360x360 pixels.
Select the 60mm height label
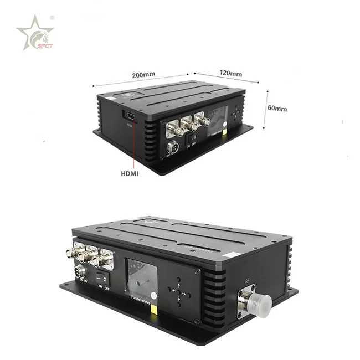click(x=277, y=109)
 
